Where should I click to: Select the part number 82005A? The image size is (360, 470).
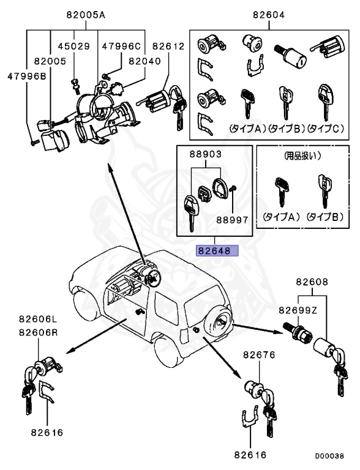tap(86, 15)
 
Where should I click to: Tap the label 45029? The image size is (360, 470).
tap(74, 46)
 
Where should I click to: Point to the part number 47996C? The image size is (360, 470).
tap(121, 46)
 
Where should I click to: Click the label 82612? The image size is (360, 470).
tap(168, 46)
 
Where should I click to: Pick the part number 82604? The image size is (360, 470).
tap(269, 15)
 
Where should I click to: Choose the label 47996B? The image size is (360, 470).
tap(27, 76)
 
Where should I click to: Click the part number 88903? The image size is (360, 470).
tap(206, 154)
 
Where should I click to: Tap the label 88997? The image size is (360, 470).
tap(233, 220)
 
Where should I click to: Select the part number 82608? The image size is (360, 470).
tap(312, 282)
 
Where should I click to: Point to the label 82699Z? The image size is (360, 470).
tap(298, 310)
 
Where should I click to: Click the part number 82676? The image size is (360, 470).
tap(259, 355)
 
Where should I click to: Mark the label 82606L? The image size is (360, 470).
tap(38, 319)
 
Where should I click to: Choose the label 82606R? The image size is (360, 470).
tap(38, 332)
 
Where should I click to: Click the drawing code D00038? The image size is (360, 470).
tap(329, 456)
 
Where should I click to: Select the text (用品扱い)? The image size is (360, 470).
tap(302, 156)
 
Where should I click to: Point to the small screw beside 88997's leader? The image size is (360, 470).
tap(233, 188)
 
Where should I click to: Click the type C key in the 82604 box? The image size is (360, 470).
tap(325, 100)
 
